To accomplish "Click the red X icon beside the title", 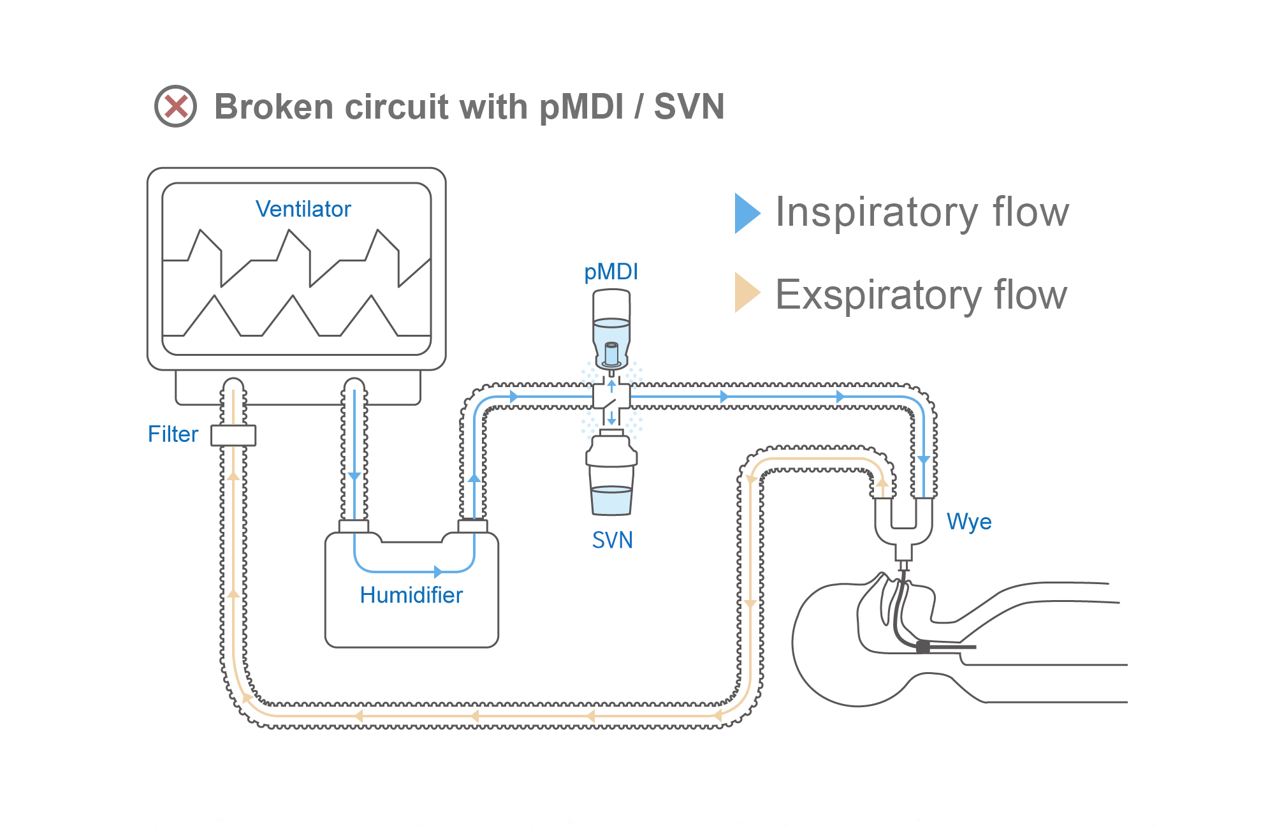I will pos(176,106).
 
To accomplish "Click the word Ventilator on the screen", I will pos(303,209).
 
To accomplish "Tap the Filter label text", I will pos(173,434).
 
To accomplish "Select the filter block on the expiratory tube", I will pos(233,436).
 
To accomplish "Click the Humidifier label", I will pos(411,595).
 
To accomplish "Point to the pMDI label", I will pos(611,272).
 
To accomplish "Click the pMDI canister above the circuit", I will pos(611,328).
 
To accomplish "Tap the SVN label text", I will pos(612,540).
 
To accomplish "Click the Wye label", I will pos(968,522).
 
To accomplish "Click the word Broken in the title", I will pos(273,106).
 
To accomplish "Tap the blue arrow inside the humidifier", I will pos(437,571).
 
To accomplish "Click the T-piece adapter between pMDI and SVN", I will pos(611,397).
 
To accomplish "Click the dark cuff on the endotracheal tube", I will pos(922,647).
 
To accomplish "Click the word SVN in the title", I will pos(689,106).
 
